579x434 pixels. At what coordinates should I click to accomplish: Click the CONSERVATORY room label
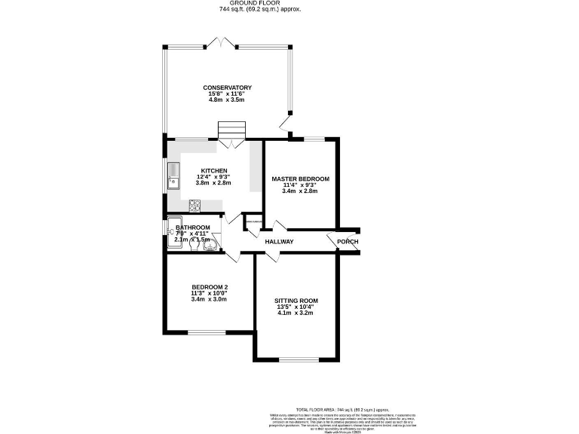pos(227,88)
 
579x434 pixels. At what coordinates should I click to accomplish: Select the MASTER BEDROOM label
pos(300,179)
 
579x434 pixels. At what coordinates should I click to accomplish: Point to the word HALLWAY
pos(279,241)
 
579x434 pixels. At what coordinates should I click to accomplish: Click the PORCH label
pos(347,241)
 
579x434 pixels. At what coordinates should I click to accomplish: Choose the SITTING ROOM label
pos(296,301)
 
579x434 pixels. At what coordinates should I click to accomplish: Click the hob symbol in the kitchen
pos(194,204)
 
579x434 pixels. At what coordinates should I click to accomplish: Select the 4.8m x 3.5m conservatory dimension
pos(227,100)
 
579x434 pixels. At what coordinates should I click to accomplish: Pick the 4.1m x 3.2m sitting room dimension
pos(296,313)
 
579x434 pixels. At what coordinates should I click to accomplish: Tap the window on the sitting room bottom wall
pos(297,358)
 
